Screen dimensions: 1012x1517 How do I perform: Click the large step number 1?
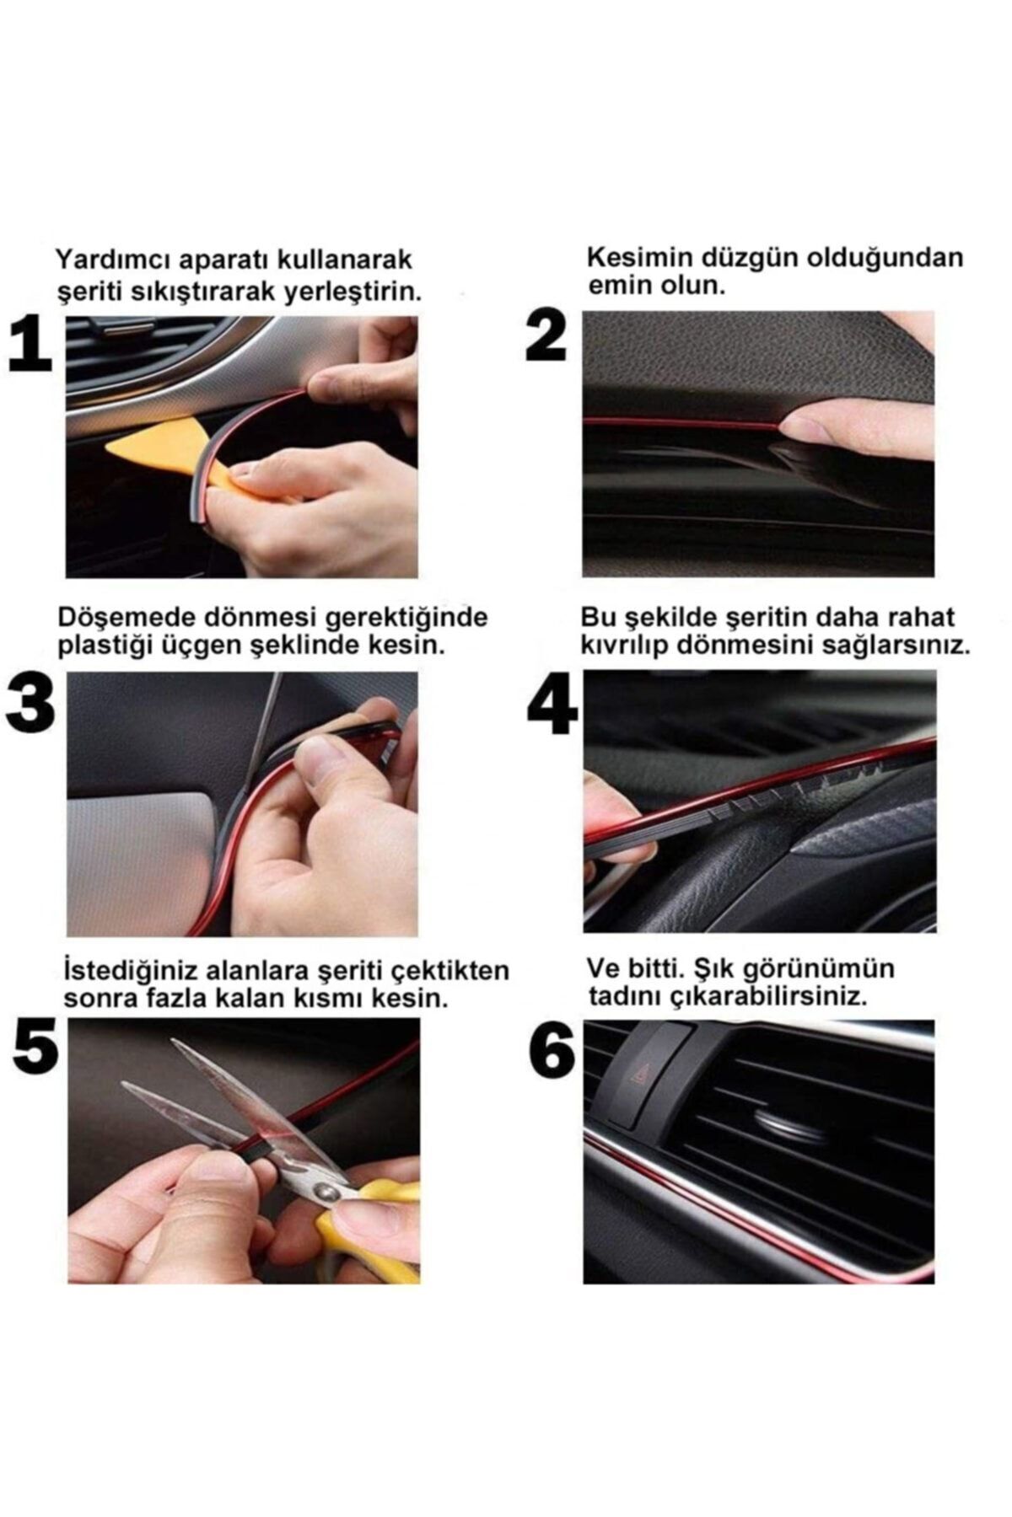click(x=30, y=346)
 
